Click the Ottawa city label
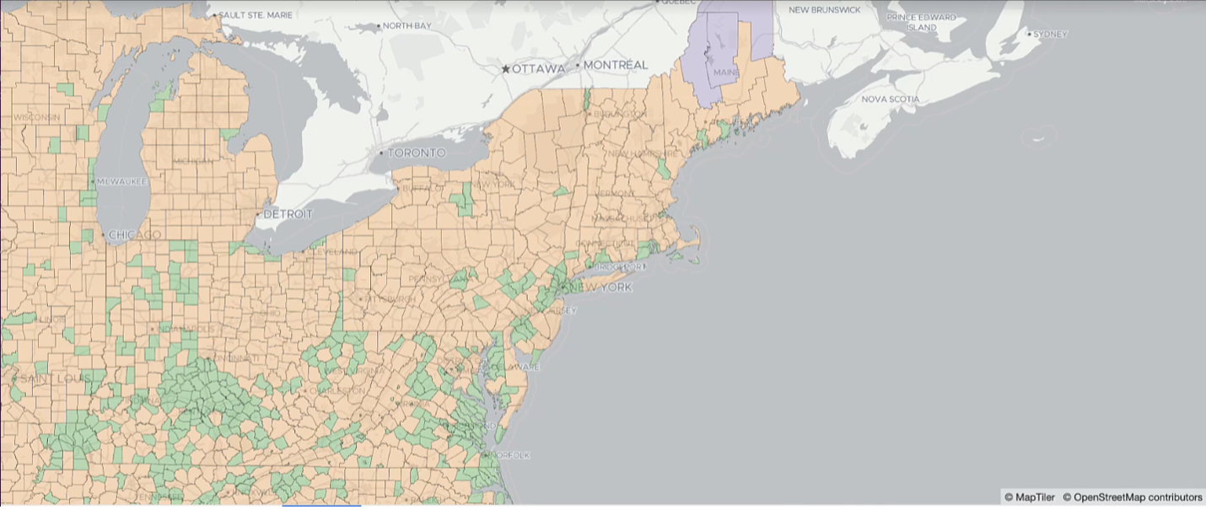[x=538, y=68]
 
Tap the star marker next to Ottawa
[x=505, y=68]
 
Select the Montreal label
[x=616, y=65]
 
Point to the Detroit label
[x=288, y=214]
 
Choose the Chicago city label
[x=135, y=234]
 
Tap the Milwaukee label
[x=121, y=181]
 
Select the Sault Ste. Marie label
[x=261, y=15]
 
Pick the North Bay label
[x=406, y=26]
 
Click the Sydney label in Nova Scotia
[x=1050, y=34]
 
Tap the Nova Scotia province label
[x=890, y=99]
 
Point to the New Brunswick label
[x=824, y=9]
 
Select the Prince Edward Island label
[x=921, y=22]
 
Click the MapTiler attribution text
[x=1028, y=497]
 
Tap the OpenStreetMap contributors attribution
[x=1132, y=497]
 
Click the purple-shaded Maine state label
[x=726, y=73]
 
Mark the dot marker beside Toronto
[x=381, y=153]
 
